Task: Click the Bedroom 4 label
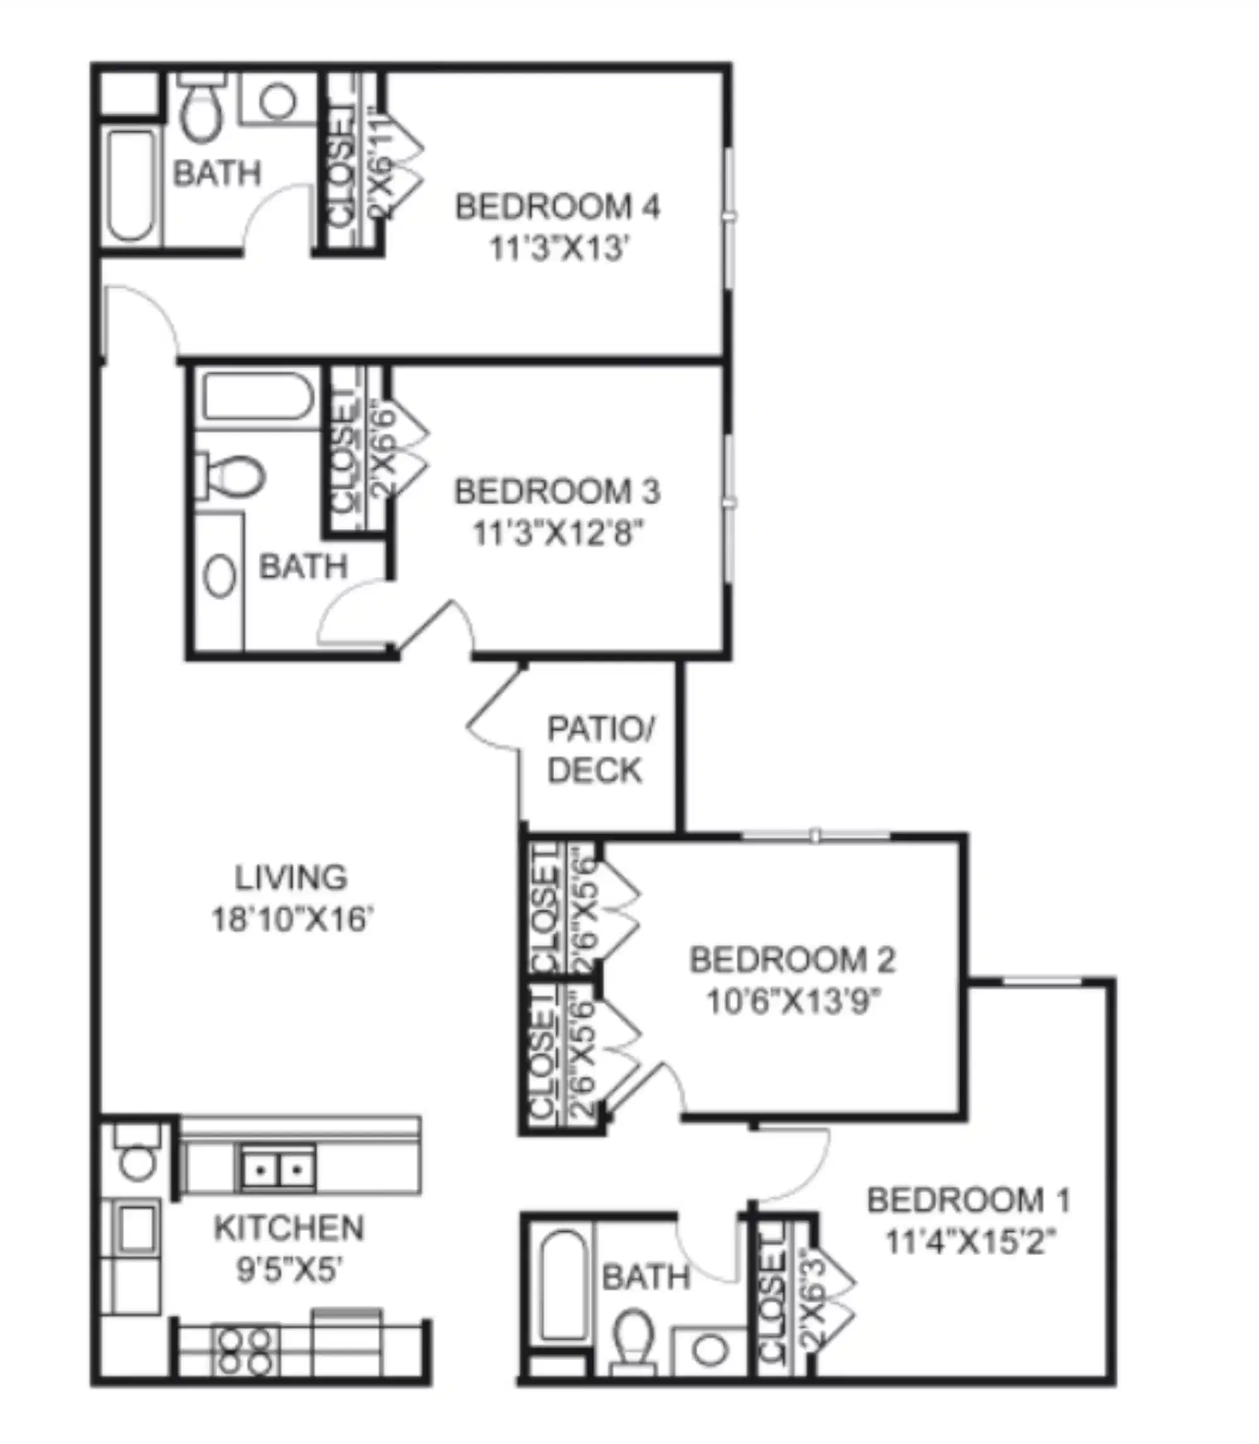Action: click(x=557, y=207)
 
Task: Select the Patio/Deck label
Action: click(x=599, y=750)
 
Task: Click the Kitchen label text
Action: click(x=289, y=1228)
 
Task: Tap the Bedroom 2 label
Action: click(x=792, y=960)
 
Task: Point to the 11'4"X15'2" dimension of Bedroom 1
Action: click(x=970, y=1242)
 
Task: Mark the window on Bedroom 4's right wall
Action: click(x=729, y=217)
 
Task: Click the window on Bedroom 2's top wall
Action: click(x=815, y=836)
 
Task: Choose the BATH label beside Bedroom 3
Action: click(x=303, y=566)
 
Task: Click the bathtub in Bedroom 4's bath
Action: click(x=131, y=184)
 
